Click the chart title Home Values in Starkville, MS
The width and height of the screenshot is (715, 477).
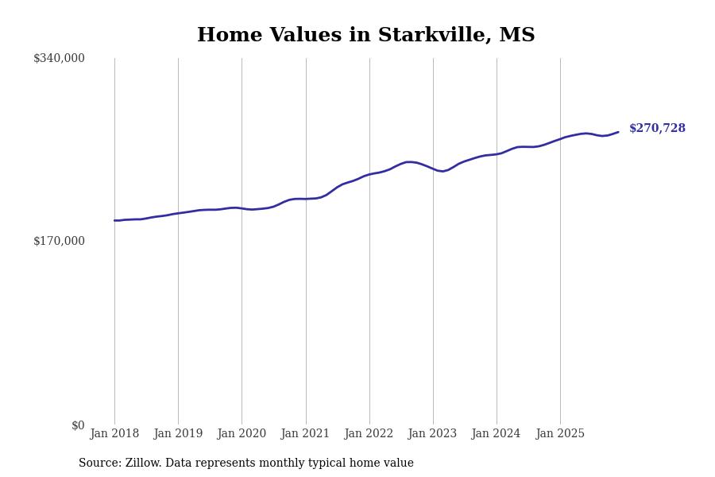(365, 36)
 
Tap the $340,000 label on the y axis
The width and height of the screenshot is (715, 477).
(59, 58)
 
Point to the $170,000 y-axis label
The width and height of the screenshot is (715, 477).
(59, 241)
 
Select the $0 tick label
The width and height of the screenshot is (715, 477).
(78, 425)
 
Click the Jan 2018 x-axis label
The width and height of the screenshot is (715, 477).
(114, 433)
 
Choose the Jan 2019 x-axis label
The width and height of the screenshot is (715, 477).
(178, 433)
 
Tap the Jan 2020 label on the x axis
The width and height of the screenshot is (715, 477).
(242, 433)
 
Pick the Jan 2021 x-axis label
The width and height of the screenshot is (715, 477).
(305, 433)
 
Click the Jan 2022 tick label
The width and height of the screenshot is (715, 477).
(369, 433)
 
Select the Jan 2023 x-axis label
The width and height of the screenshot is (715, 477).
(432, 433)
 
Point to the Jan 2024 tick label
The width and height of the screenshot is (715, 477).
(496, 433)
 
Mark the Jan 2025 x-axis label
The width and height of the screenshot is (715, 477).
(560, 433)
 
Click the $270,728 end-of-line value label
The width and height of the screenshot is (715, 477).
(657, 128)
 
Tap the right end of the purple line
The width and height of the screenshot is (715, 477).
(618, 132)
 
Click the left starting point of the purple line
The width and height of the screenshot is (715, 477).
(114, 220)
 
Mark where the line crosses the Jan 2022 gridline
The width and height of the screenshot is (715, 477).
(369, 174)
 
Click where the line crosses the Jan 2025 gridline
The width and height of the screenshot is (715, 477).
(560, 138)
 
